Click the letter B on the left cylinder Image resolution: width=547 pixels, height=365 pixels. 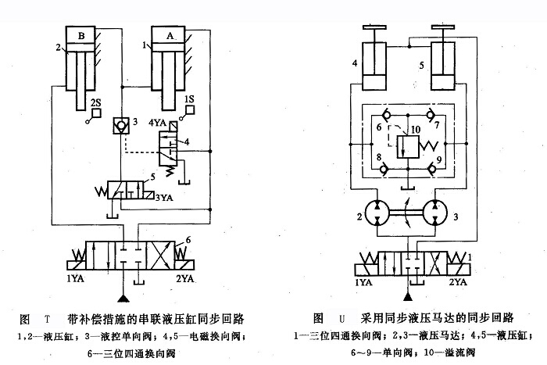coord(80,35)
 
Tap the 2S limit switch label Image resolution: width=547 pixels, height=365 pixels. coord(95,102)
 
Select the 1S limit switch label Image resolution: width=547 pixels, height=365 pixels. coord(188,99)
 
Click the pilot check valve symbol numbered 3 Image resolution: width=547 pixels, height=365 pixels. coord(121,124)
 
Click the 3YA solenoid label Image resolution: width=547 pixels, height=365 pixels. coord(164,196)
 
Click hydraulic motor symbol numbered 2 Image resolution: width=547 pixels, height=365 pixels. coord(371,214)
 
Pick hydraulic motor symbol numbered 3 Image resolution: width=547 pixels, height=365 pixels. coord(437,214)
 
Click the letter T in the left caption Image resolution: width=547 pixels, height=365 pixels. coord(48,320)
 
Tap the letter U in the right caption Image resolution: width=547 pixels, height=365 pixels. coord(341,320)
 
